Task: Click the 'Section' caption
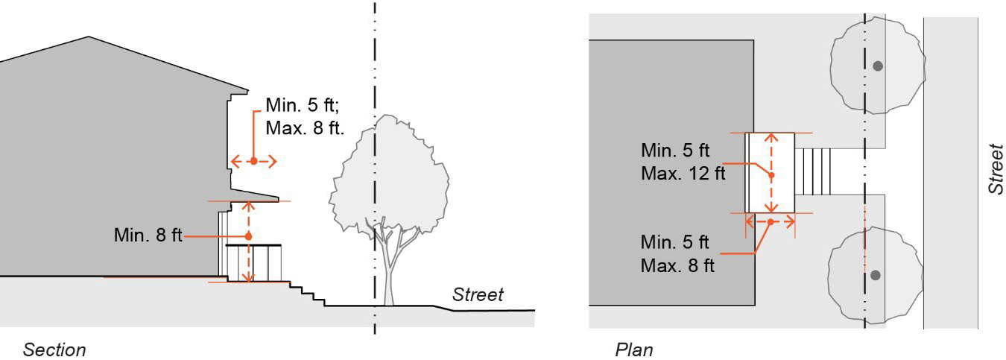(54, 350)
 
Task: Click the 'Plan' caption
(634, 350)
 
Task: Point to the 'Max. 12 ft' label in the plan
(683, 174)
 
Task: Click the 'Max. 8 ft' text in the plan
(677, 265)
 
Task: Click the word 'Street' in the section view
(478, 294)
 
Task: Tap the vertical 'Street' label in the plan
(996, 170)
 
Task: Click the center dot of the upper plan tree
(878, 66)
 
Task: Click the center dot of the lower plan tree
(876, 275)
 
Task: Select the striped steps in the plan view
(814, 170)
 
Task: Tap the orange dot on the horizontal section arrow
(253, 161)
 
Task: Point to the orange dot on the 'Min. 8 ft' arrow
(248, 236)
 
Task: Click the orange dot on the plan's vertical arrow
(771, 175)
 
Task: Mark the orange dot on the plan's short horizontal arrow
(770, 221)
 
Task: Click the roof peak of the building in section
(89, 37)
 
